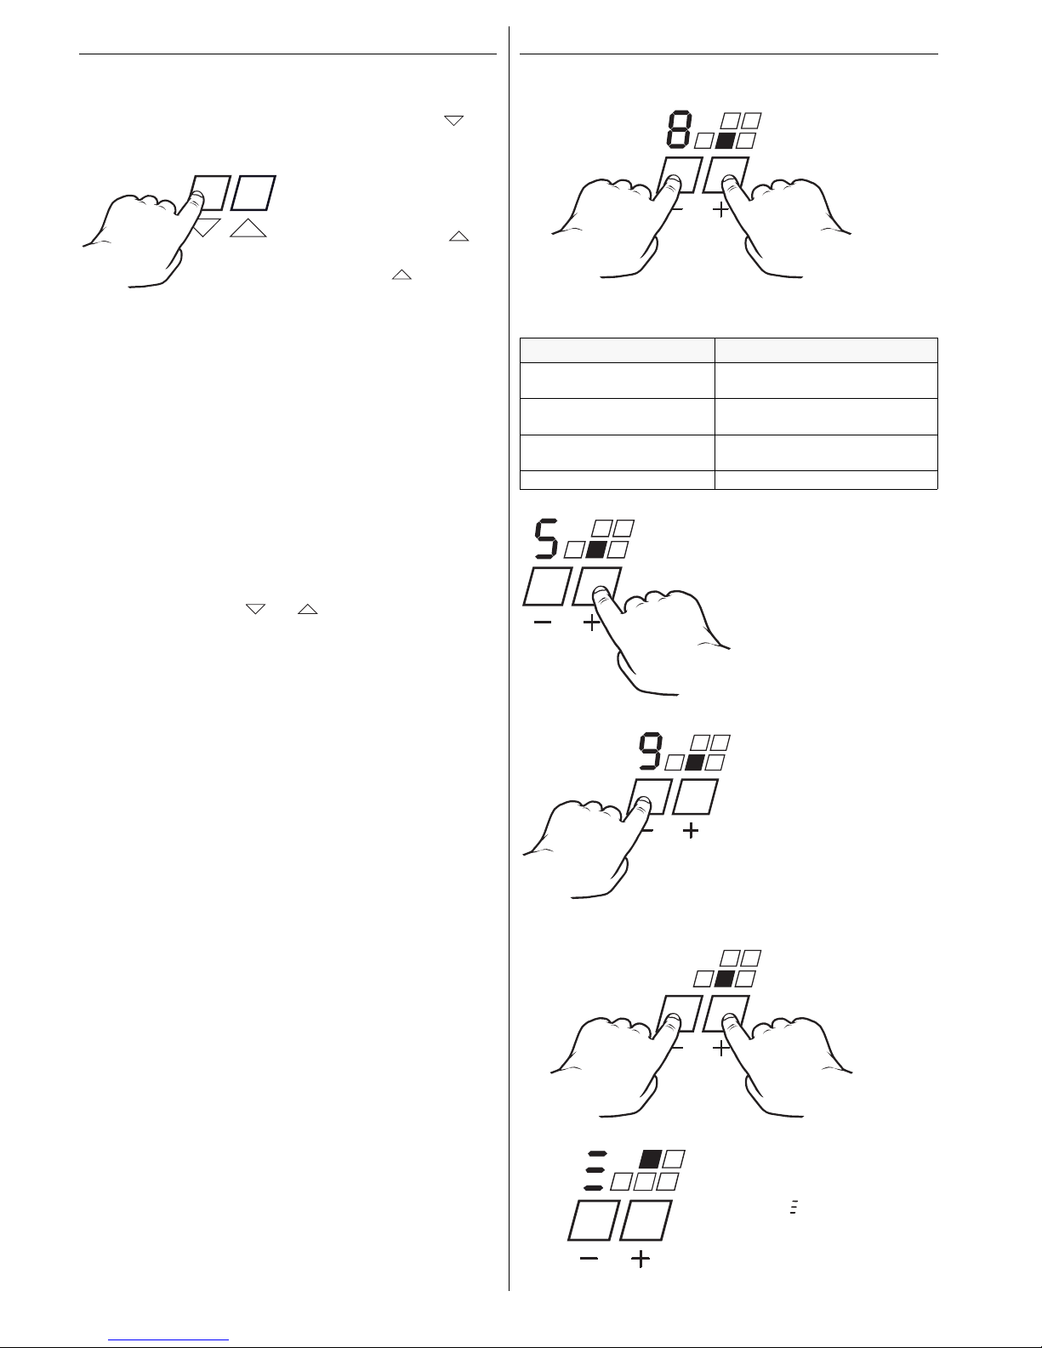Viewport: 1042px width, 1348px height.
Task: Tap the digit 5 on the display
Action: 546,539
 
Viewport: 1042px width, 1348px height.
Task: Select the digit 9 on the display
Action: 651,753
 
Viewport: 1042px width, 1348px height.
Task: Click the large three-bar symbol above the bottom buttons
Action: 595,1170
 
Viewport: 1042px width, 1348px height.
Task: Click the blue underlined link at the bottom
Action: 168,1340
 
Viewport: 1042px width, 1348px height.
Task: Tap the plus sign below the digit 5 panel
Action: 592,623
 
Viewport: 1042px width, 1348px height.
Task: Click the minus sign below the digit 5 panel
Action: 543,623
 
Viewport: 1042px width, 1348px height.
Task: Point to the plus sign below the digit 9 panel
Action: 691,830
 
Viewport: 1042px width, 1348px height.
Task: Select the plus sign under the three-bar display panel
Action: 641,1259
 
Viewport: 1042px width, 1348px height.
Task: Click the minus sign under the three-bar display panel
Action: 589,1258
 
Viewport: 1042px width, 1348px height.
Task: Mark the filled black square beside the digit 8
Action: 725,141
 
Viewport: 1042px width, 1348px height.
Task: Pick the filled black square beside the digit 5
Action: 596,549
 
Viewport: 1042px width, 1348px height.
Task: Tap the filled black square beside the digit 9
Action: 694,762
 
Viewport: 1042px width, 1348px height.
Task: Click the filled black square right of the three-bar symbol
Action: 650,1159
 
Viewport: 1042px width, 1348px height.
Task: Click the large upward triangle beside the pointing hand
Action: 248,228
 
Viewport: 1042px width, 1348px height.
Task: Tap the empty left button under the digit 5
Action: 547,586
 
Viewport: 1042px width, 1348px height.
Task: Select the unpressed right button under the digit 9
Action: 695,797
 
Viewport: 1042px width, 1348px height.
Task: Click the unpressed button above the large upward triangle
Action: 253,193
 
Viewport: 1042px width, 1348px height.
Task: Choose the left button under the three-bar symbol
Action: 594,1220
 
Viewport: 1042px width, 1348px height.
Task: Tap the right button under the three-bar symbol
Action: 646,1220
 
